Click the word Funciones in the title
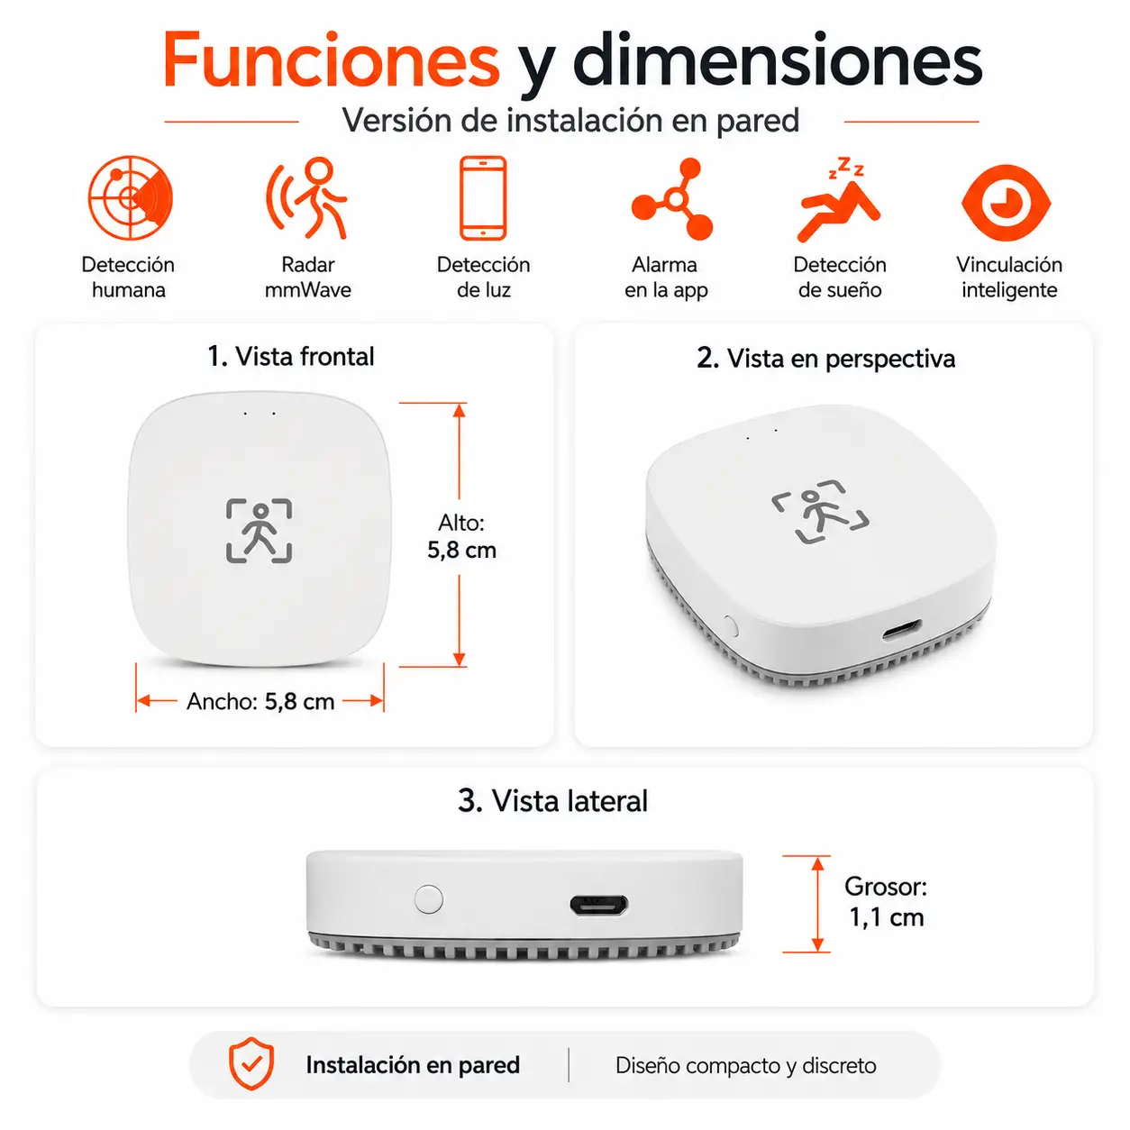[x=331, y=60]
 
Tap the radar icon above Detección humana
[x=130, y=198]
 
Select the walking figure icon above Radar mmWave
[x=307, y=198]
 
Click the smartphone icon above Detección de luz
[x=483, y=198]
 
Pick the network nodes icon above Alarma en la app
[x=672, y=199]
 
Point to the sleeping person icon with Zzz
[x=839, y=199]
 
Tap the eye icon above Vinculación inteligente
[x=1007, y=203]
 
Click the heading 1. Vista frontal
[x=291, y=357]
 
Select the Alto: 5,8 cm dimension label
[x=461, y=536]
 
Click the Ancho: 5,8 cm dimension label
[x=260, y=701]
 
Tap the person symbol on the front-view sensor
[x=260, y=531]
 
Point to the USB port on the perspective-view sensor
[x=902, y=630]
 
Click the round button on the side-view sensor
[x=429, y=899]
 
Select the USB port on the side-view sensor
[x=598, y=905]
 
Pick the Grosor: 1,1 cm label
[x=886, y=902]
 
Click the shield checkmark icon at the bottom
[x=251, y=1063]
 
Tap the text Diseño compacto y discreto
[x=746, y=1065]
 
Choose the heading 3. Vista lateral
[x=553, y=801]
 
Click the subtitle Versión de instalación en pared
[x=570, y=121]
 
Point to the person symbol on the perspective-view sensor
[x=820, y=512]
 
